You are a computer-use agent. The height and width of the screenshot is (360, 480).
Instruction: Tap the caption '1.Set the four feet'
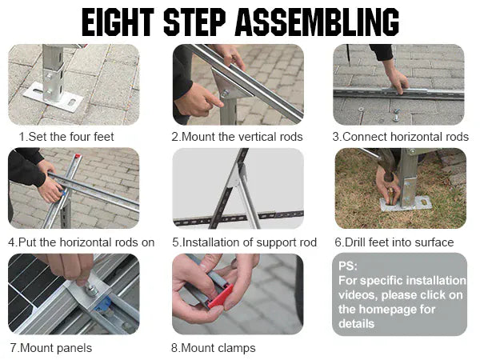66,137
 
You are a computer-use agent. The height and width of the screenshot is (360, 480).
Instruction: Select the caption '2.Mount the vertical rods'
237,137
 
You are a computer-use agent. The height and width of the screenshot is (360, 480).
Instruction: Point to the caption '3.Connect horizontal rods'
400,137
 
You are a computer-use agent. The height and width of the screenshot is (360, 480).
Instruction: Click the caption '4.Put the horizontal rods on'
81,242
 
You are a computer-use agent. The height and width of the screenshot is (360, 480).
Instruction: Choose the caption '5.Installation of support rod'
244,242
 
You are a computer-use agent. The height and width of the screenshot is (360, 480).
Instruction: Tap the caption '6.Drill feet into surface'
394,242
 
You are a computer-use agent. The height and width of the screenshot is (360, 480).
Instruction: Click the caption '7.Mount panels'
50,348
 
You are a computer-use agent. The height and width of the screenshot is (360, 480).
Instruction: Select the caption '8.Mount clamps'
214,348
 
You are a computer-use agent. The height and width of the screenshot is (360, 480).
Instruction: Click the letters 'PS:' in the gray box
349,266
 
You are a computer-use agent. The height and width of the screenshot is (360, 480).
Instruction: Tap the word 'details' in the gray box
356,323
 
